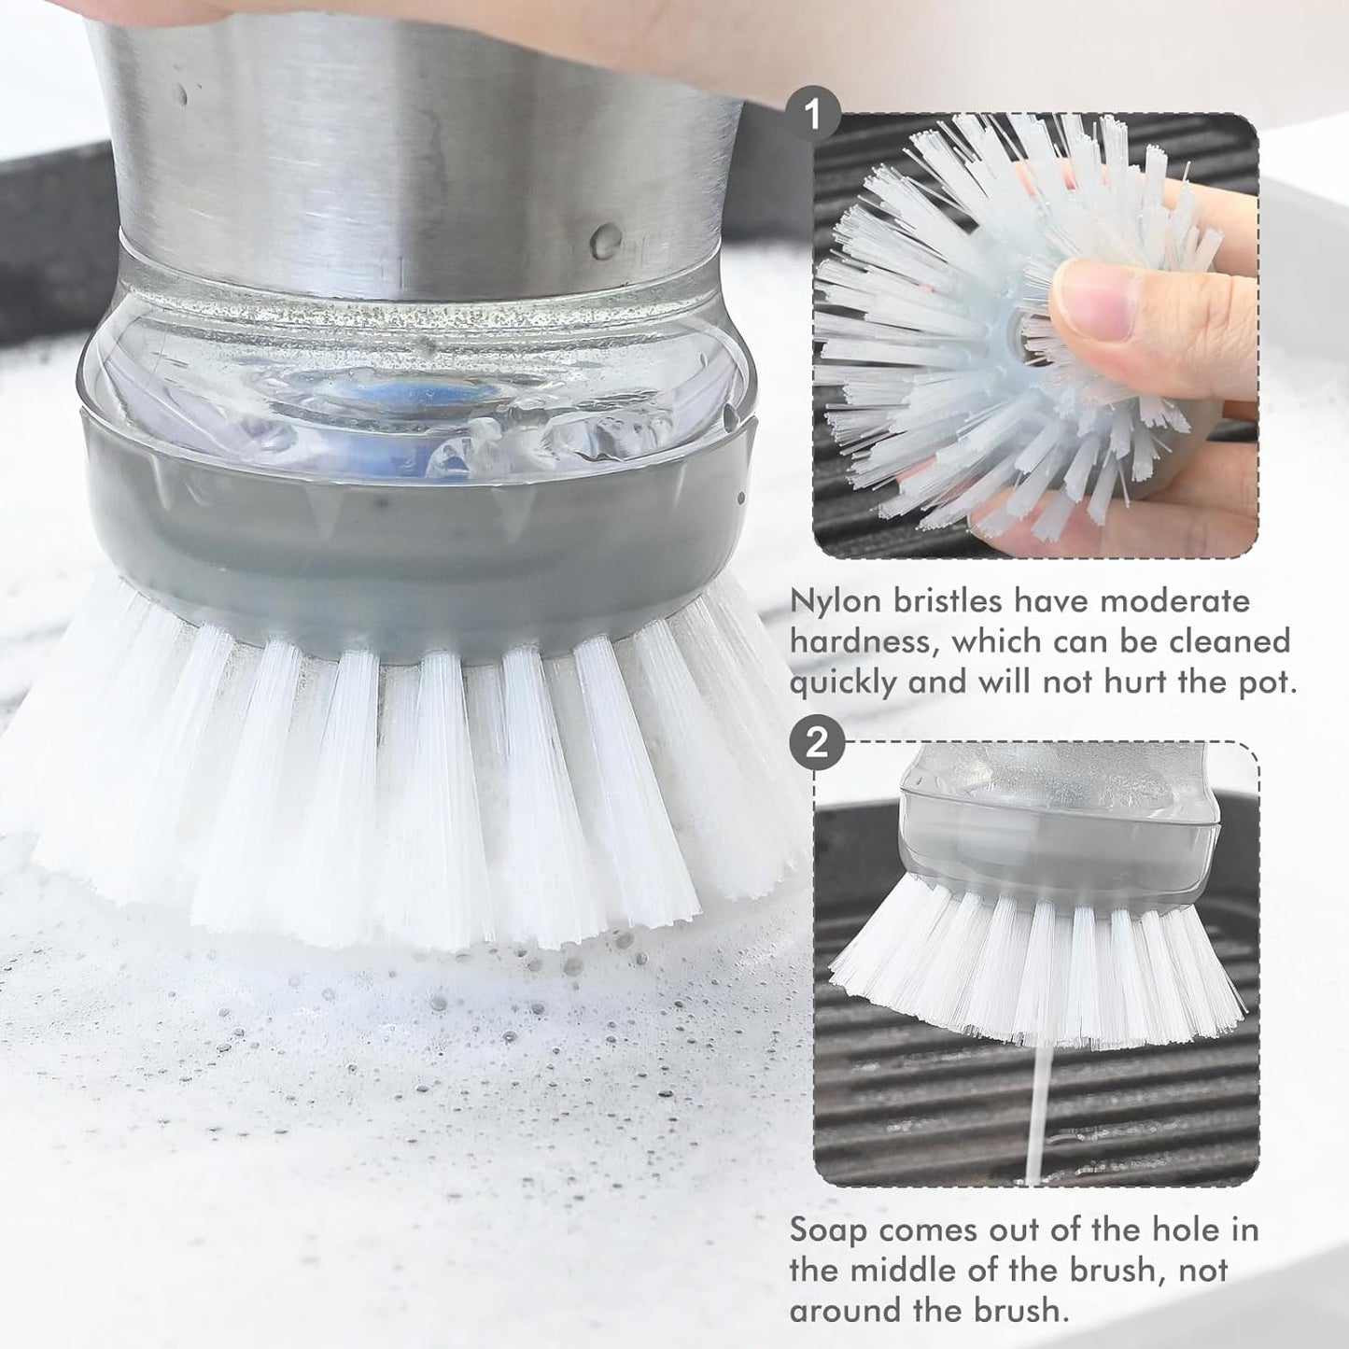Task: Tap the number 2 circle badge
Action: coord(816,743)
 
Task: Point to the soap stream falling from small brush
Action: coord(1033,1111)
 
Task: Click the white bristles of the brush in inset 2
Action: coord(1036,962)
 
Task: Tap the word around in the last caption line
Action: coord(850,1311)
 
